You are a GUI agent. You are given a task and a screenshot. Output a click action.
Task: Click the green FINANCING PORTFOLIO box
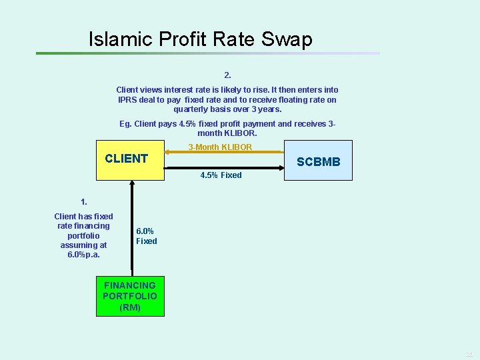pos(130,296)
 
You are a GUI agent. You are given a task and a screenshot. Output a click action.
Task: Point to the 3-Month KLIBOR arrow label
pos(220,147)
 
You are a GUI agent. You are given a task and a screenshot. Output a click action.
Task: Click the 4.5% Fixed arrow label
pos(221,175)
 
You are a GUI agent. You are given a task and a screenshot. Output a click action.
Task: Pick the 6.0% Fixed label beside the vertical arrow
pos(147,236)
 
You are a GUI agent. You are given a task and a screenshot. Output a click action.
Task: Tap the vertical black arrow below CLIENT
pos(133,227)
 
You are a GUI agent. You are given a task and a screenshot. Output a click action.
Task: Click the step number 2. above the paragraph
pos(228,75)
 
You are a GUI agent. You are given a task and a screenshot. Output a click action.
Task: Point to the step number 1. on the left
pos(83,201)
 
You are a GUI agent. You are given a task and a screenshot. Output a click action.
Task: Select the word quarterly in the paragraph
pos(192,109)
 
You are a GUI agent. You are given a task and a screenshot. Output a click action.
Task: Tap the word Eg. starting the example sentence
pos(125,123)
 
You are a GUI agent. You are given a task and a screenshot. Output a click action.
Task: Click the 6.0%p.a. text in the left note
pos(83,255)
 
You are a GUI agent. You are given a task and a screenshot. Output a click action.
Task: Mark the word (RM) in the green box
pos(130,307)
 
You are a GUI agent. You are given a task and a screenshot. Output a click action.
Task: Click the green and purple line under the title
pos(207,53)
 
